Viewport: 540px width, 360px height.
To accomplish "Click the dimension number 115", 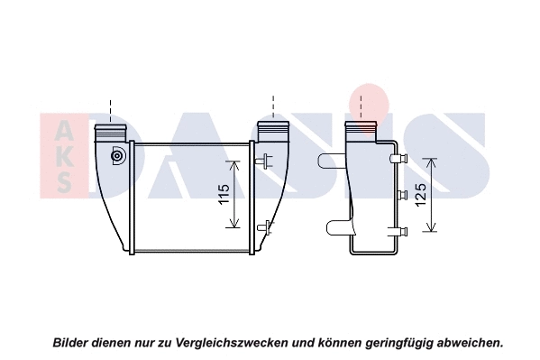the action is tap(224, 194).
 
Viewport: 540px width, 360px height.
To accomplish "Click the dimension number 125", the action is tap(420, 195).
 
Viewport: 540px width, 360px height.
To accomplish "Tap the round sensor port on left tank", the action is tap(118, 156).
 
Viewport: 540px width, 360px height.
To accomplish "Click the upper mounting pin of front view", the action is tap(264, 161).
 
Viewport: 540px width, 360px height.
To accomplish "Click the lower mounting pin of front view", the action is tap(265, 227).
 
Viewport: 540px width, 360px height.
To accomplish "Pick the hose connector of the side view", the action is tap(361, 131).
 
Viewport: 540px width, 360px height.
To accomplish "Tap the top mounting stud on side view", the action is tap(398, 158).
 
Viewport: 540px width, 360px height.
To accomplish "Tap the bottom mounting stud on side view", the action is tap(398, 231).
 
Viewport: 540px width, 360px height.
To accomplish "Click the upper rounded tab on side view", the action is tap(332, 161).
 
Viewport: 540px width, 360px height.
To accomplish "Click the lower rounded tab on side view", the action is tap(339, 228).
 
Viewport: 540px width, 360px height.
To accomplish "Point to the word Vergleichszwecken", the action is tap(232, 343).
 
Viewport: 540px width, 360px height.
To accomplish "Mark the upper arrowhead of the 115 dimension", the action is tap(234, 166).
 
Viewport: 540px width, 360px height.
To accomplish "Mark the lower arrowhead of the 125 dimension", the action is tap(431, 226).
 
